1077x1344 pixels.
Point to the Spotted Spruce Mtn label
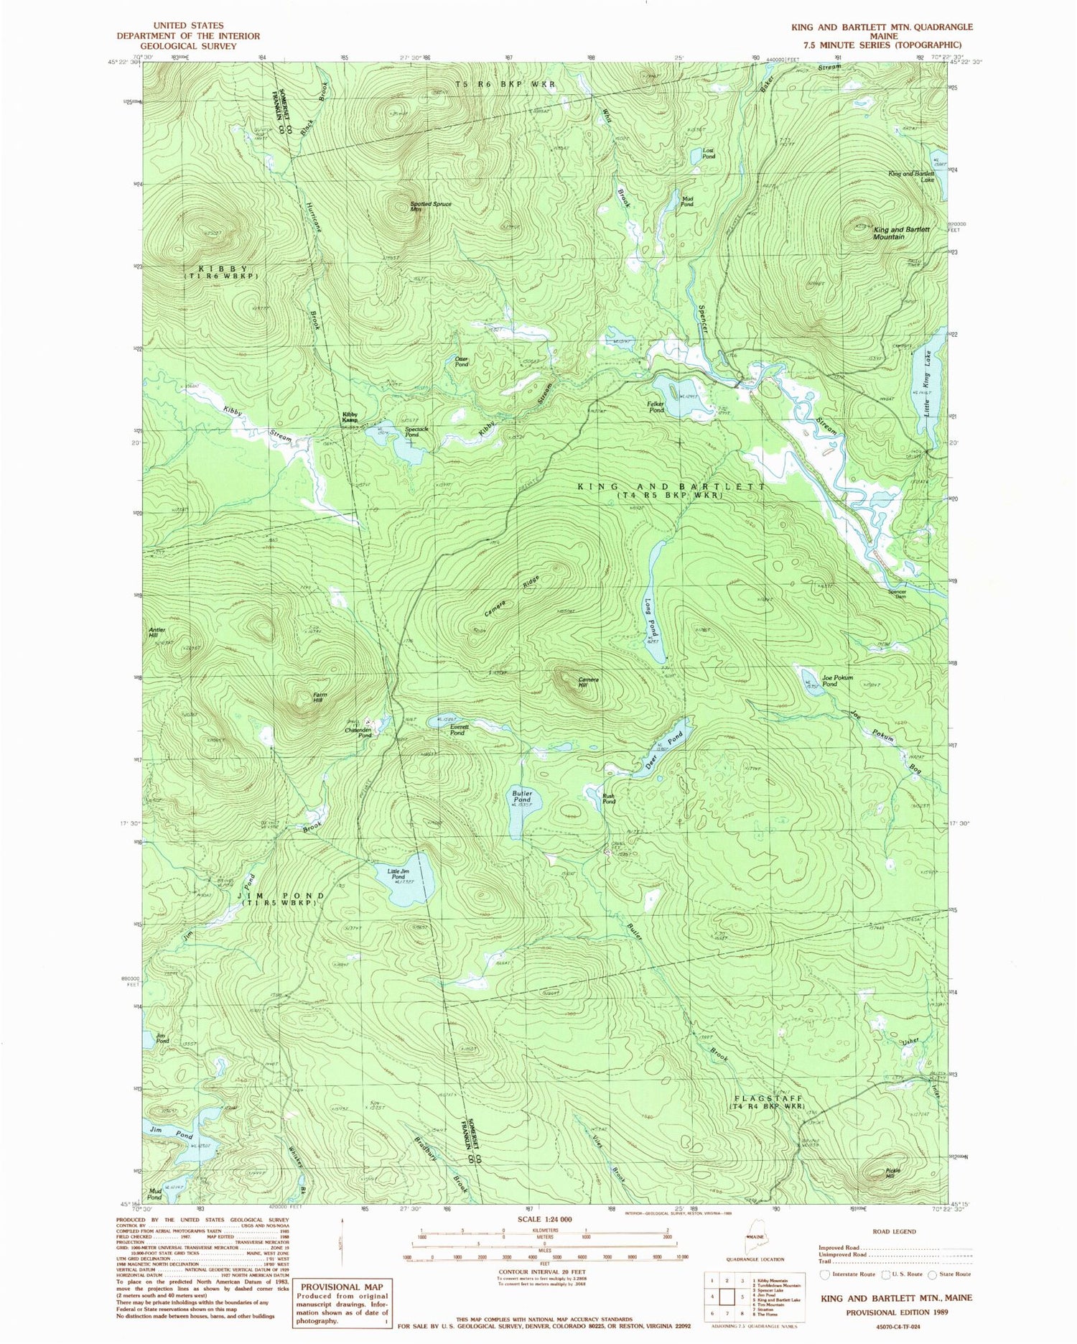tap(431, 206)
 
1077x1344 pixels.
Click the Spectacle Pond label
tap(416, 432)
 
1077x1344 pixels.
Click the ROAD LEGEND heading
tap(894, 1231)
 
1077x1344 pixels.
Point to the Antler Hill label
tap(157, 633)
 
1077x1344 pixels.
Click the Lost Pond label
tap(708, 153)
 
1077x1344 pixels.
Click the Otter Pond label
tap(461, 361)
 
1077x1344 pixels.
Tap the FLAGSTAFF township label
tap(768, 1098)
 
